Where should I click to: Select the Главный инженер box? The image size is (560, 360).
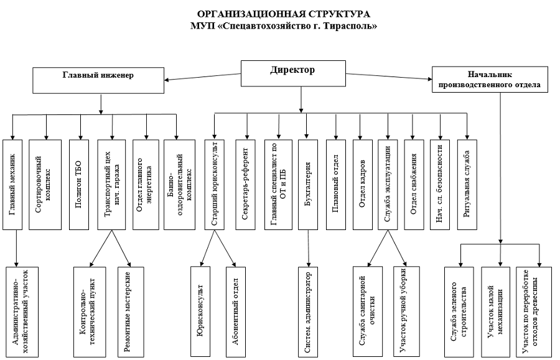(x=102, y=78)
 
